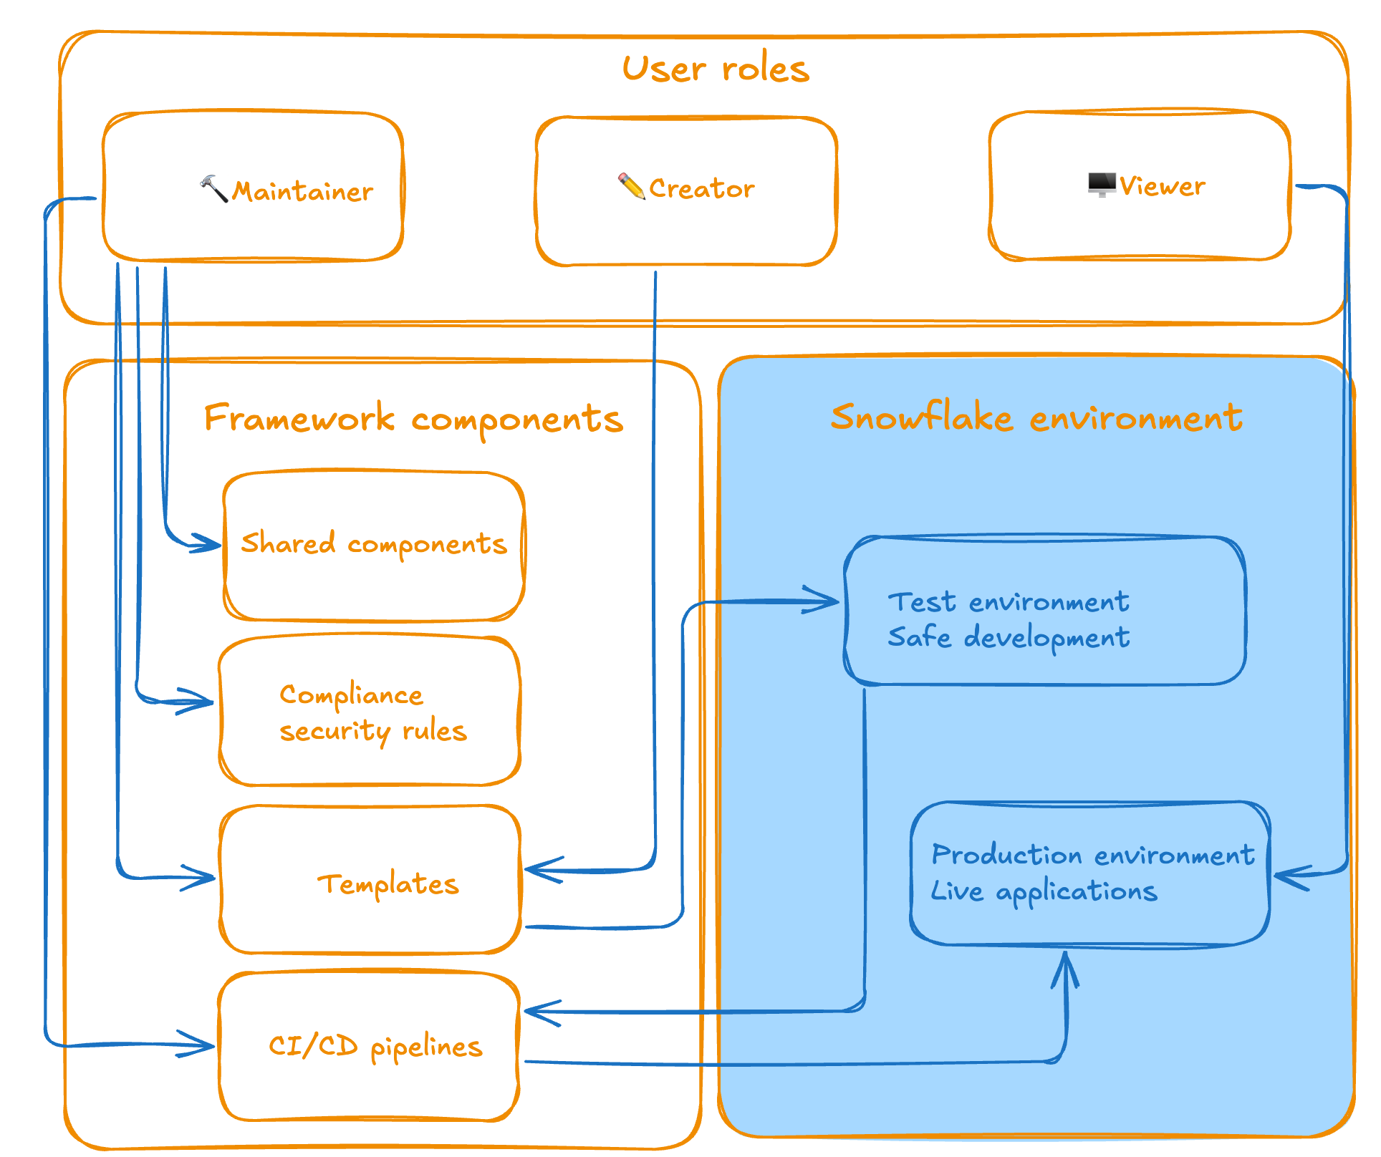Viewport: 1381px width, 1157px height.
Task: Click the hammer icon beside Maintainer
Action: (213, 188)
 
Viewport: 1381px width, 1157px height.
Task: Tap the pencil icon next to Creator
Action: (631, 186)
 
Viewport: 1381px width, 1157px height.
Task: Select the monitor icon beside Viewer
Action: (1101, 184)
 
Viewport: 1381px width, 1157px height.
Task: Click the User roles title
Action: (716, 69)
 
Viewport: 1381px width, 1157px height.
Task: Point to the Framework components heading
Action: (413, 419)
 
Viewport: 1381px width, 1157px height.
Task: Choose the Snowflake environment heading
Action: (1036, 417)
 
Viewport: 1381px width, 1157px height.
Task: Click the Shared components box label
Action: (373, 544)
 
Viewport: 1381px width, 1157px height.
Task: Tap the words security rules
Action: (372, 732)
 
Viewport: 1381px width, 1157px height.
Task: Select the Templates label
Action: (388, 884)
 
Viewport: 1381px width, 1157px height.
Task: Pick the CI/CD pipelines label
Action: (375, 1047)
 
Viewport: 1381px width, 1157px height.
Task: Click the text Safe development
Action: (1009, 637)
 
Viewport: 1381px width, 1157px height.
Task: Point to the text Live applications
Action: (1044, 891)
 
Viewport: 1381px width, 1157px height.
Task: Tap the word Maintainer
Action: (302, 192)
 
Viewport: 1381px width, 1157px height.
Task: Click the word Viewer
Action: (1162, 186)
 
